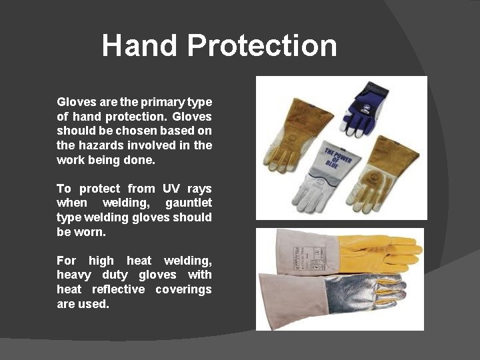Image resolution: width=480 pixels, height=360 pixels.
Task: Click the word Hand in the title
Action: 140,45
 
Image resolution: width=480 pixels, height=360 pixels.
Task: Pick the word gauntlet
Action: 189,203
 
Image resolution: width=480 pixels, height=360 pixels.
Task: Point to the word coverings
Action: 183,289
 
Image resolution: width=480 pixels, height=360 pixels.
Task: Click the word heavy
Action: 73,275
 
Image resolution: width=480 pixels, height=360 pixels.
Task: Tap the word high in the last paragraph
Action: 101,260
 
